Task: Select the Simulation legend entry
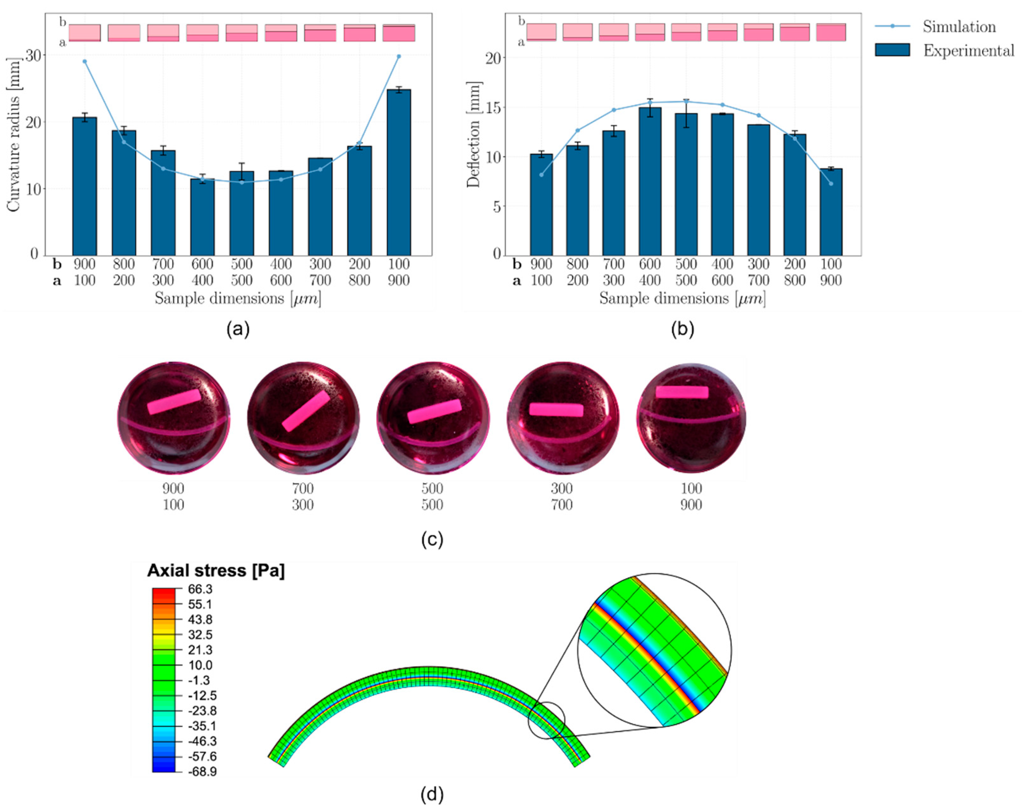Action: click(x=958, y=27)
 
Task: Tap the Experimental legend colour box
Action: click(x=892, y=50)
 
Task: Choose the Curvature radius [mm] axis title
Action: click(x=13, y=135)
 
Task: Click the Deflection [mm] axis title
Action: click(x=473, y=135)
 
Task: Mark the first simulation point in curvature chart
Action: click(x=85, y=62)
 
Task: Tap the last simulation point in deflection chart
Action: click(x=830, y=184)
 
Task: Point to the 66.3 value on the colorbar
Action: click(x=200, y=589)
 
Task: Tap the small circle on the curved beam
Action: click(x=546, y=720)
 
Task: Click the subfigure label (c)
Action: click(x=432, y=540)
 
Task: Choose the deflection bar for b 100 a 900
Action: click(x=830, y=212)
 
